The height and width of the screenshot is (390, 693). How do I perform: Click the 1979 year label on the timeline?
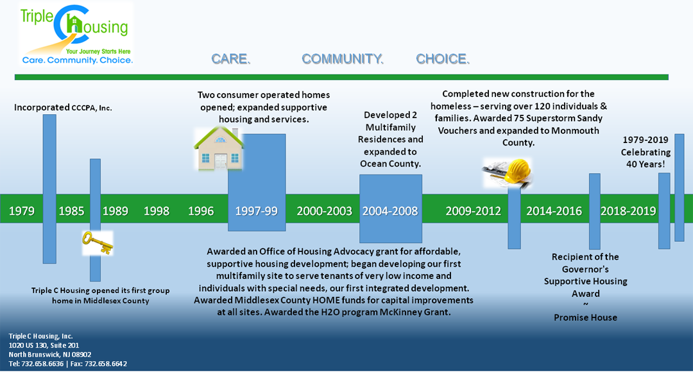(22, 210)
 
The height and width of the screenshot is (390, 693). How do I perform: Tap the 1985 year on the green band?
(71, 210)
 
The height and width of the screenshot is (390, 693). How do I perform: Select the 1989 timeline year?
(116, 210)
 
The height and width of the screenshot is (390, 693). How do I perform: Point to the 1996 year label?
(201, 210)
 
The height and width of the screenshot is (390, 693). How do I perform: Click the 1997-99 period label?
(256, 210)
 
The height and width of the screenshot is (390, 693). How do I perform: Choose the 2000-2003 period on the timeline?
(325, 210)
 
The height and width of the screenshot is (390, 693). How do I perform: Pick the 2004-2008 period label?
(390, 210)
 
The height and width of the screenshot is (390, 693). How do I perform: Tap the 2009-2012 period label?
(474, 210)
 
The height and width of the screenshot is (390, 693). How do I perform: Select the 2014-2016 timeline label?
(554, 210)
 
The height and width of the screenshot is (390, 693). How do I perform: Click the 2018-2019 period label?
(628, 210)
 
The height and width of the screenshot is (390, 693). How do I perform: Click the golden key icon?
(98, 243)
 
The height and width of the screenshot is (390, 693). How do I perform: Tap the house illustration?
(219, 149)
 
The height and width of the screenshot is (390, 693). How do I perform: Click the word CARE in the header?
(231, 59)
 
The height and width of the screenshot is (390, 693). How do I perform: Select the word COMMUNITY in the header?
(343, 59)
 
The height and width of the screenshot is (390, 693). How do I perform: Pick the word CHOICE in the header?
(443, 59)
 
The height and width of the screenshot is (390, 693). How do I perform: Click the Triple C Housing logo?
(76, 34)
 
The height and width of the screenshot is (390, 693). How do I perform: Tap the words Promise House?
(586, 317)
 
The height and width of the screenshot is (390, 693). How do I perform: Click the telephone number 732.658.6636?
(42, 364)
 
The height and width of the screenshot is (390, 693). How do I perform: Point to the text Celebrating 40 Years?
(646, 158)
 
